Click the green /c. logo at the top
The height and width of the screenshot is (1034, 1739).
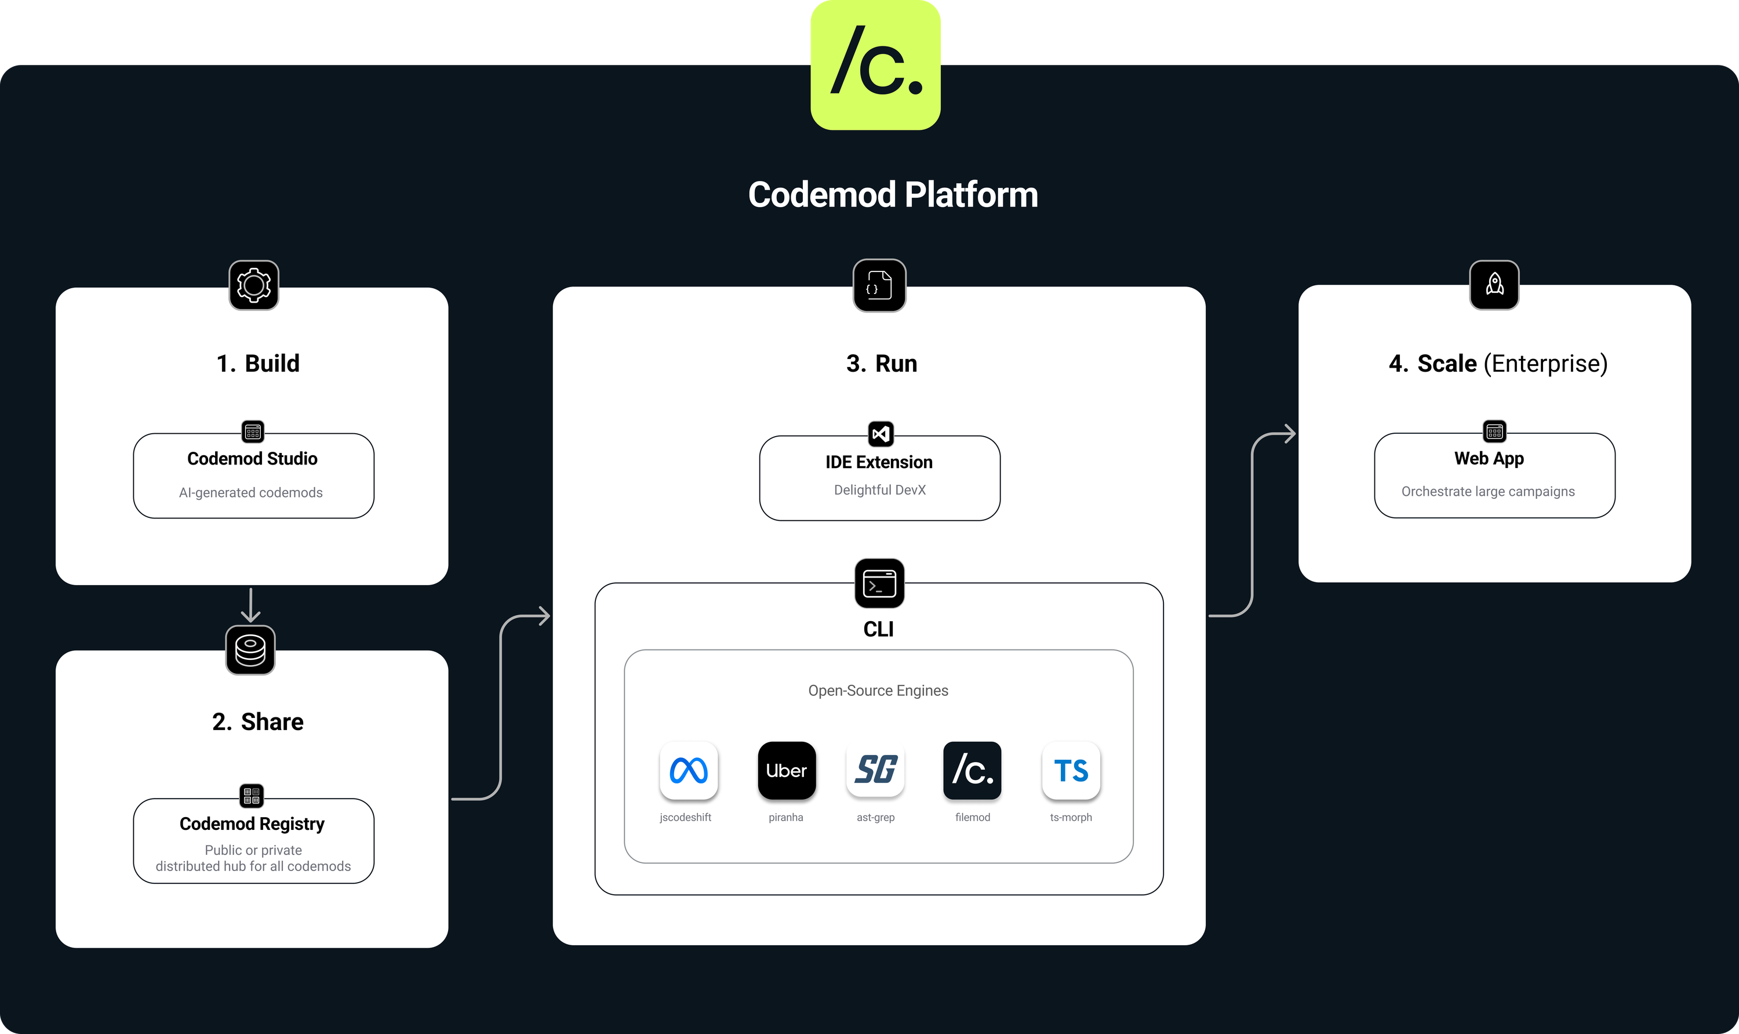[875, 64]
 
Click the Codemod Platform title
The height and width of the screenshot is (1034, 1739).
[893, 194]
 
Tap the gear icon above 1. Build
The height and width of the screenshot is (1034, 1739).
[253, 285]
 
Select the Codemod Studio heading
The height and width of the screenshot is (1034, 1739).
[252, 459]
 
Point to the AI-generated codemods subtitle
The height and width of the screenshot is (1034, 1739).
[251, 492]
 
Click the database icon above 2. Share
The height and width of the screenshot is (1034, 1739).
[250, 650]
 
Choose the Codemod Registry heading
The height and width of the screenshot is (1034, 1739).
[252, 823]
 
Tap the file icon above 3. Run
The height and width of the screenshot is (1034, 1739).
[879, 286]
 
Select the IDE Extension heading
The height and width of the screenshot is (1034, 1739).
[879, 462]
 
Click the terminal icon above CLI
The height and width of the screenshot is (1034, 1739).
[879, 584]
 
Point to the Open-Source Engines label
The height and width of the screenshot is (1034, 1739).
[878, 691]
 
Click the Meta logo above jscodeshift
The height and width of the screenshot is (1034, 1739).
[688, 771]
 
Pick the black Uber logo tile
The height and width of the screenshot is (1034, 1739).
[786, 771]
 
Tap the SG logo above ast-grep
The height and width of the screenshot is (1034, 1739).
[875, 771]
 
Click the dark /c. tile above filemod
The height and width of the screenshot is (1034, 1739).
[972, 771]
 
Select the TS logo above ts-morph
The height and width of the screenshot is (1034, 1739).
[1071, 771]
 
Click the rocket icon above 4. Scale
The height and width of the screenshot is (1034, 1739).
[1494, 285]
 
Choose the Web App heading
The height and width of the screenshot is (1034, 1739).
[1489, 459]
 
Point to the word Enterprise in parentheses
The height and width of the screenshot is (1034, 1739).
[1545, 364]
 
